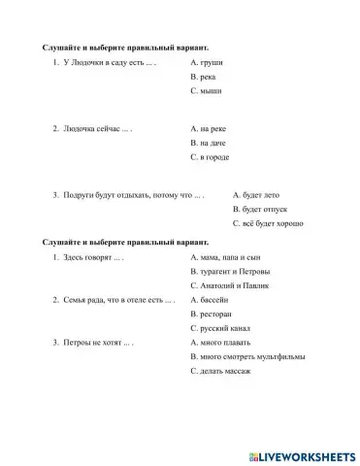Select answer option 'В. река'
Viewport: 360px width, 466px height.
205,76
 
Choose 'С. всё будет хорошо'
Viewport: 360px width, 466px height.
269,223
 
